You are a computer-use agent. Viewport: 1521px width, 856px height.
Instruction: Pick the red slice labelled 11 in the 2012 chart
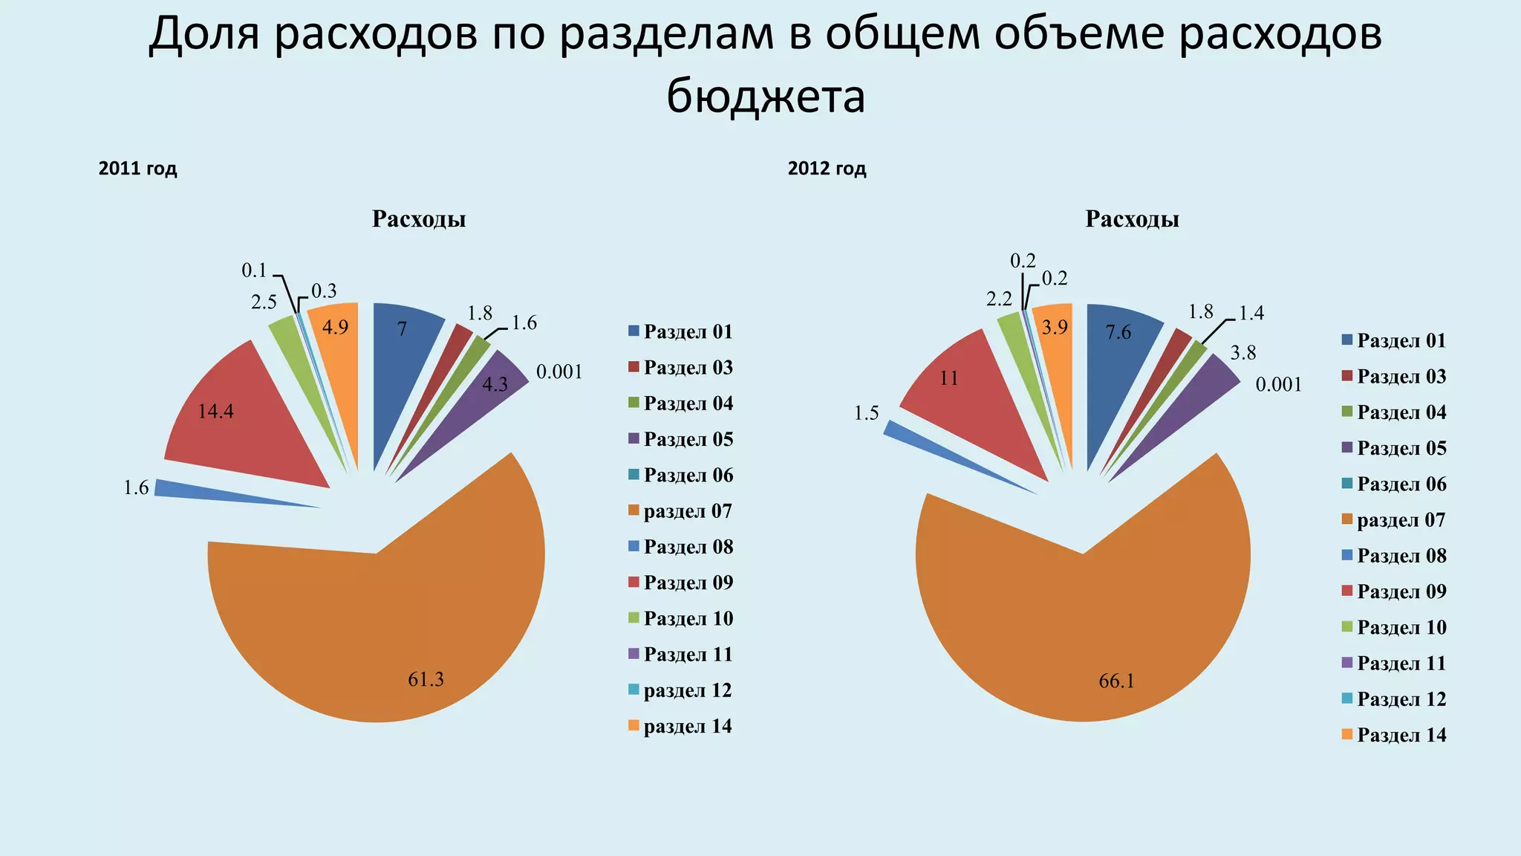click(x=973, y=401)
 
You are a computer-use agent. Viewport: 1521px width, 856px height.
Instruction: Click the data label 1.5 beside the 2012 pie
click(x=866, y=414)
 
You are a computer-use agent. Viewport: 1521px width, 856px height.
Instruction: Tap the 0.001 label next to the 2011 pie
click(x=559, y=372)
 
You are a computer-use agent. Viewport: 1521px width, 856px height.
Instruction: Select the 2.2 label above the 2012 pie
click(x=999, y=299)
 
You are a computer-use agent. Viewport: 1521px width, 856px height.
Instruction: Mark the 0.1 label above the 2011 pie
click(x=254, y=270)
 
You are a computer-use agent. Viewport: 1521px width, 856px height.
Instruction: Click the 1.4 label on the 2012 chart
click(x=1251, y=313)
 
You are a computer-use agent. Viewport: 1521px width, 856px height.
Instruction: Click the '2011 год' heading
click(x=137, y=169)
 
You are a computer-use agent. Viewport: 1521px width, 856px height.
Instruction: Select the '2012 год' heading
click(x=827, y=169)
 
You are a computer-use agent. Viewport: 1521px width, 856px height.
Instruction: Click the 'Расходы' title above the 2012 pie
click(x=1132, y=219)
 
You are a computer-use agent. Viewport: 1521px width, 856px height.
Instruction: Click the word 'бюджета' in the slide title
click(x=766, y=97)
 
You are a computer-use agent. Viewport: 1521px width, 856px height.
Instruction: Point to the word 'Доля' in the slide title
click(x=203, y=35)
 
